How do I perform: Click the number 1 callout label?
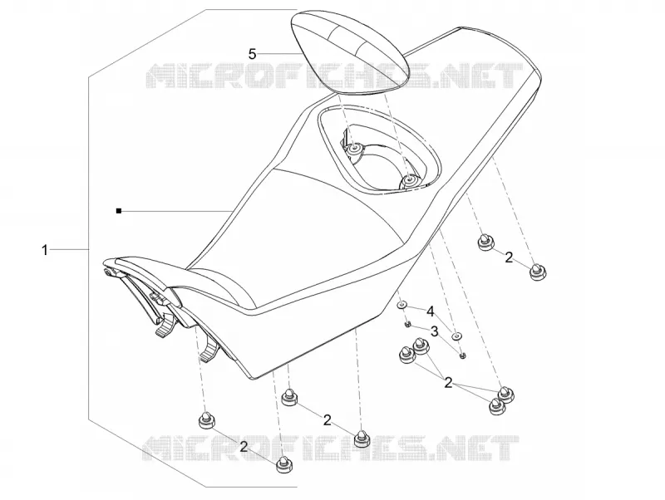point(45,250)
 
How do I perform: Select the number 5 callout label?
point(253,54)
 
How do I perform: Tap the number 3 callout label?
point(434,331)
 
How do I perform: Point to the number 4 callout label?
point(431,312)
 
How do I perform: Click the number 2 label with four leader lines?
point(448,383)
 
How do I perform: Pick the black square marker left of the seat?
point(119,211)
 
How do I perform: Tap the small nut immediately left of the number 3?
point(406,324)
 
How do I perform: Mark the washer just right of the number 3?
point(456,336)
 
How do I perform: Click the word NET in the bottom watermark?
point(480,449)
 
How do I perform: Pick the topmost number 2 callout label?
point(509,257)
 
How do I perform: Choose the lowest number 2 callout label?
point(244,446)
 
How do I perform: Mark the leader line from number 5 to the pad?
point(278,54)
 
